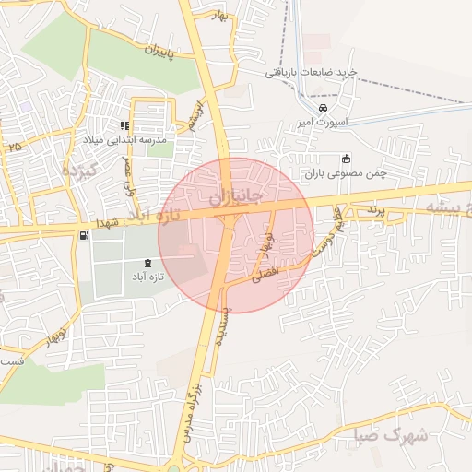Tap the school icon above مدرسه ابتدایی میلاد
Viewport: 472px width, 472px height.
[x=124, y=125]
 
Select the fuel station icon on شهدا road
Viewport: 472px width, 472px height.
[x=86, y=237]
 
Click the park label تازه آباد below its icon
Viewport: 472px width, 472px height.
[x=145, y=277]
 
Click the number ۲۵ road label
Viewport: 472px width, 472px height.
[x=14, y=147]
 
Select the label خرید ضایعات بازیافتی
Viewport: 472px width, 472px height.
[x=311, y=71]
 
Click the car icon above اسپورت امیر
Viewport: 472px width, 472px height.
[x=323, y=109]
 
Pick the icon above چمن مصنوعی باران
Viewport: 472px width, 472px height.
[x=346, y=157]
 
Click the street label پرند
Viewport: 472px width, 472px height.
[x=372, y=210]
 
